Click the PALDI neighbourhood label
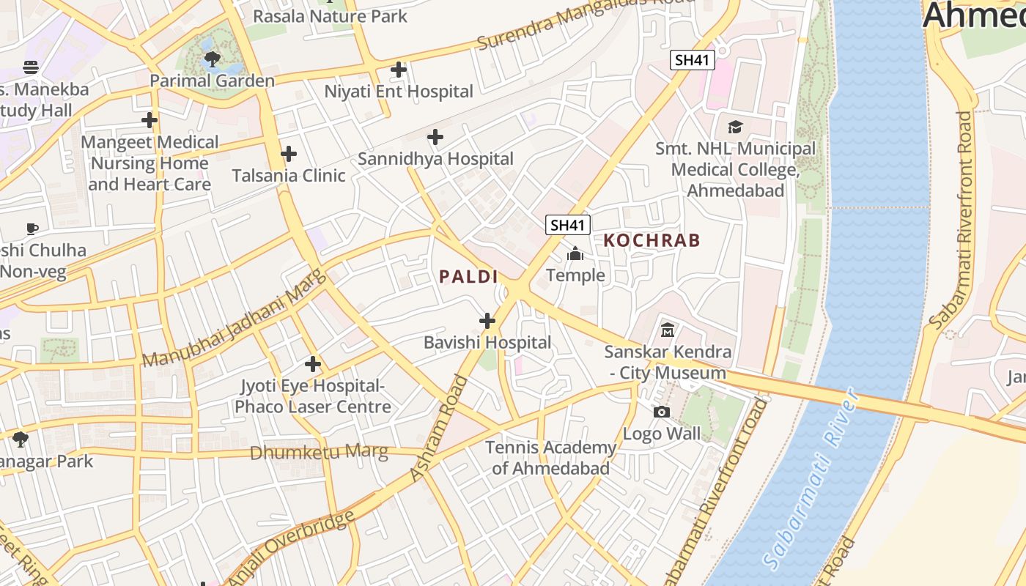click(468, 277)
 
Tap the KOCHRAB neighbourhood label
click(652, 240)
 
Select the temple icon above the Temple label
click(575, 253)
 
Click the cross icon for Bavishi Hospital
click(487, 321)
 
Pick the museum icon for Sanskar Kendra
click(668, 330)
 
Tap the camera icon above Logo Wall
click(662, 412)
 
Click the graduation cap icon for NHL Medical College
click(735, 127)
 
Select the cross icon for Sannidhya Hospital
click(435, 137)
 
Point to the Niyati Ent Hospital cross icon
click(399, 70)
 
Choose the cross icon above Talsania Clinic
click(289, 154)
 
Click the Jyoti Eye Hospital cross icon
click(313, 364)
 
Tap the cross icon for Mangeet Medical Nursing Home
click(150, 120)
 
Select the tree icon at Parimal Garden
click(213, 59)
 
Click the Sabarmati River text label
click(810, 480)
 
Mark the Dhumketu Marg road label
click(319, 452)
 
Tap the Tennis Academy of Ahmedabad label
click(551, 458)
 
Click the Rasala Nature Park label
click(330, 15)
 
